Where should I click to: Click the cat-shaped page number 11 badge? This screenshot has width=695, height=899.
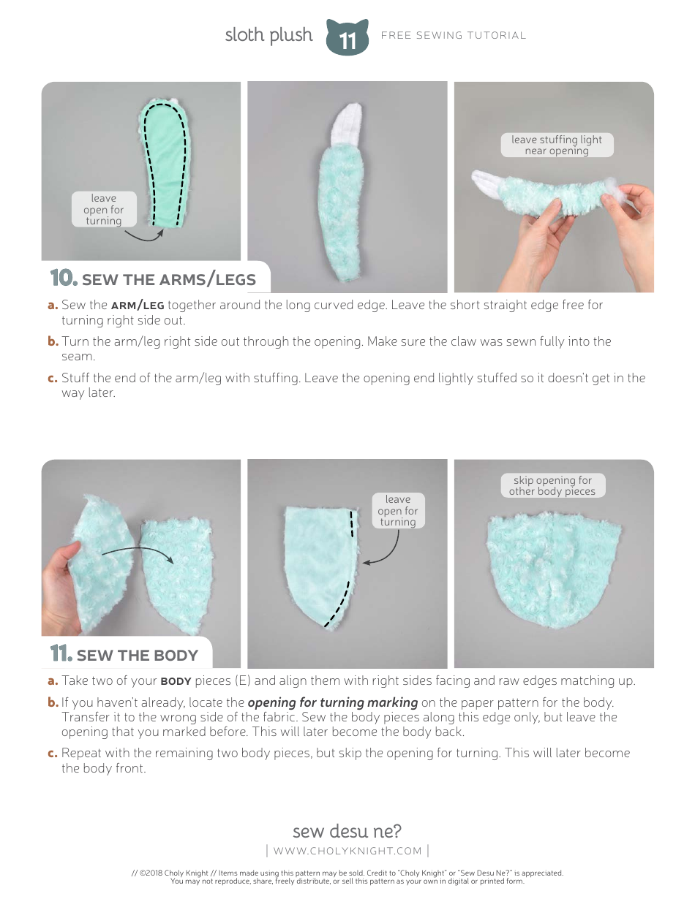point(347,37)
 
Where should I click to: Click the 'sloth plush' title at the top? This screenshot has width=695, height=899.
point(268,35)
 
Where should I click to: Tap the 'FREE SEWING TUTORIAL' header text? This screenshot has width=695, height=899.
point(453,35)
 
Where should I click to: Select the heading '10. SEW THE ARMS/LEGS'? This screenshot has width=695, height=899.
point(154,278)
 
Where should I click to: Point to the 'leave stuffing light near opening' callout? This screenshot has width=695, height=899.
point(557,145)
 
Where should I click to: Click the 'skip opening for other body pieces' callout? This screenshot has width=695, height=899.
point(552,486)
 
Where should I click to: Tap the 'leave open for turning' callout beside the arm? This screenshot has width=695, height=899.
point(103,209)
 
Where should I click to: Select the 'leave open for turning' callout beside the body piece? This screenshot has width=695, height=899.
point(397,510)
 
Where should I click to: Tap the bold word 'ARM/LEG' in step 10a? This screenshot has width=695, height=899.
point(138,306)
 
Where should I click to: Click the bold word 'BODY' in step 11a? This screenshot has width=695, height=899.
point(176,681)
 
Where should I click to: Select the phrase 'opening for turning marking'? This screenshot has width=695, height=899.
point(333,702)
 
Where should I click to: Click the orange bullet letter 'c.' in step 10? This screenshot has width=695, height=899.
point(53,379)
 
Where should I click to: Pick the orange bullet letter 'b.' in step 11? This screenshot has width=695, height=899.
point(53,702)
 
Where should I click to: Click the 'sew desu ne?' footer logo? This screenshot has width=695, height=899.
point(347,831)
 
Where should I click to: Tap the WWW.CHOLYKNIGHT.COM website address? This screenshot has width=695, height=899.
point(347,851)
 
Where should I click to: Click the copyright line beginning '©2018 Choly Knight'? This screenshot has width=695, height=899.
point(347,873)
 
